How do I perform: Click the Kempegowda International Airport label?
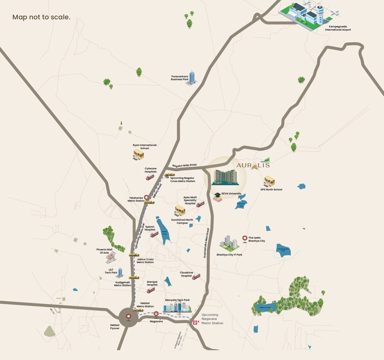(338, 28)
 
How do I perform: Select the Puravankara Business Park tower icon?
(192, 78)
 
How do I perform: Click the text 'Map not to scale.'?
(41, 17)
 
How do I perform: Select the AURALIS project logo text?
(253, 165)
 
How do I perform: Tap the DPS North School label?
(271, 189)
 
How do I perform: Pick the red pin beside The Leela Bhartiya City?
(245, 238)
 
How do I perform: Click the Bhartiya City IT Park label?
(229, 255)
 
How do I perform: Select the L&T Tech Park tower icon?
(121, 272)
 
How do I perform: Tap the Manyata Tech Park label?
(176, 300)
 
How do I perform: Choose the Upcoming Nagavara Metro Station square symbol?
(194, 322)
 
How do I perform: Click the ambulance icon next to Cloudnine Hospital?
(196, 276)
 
